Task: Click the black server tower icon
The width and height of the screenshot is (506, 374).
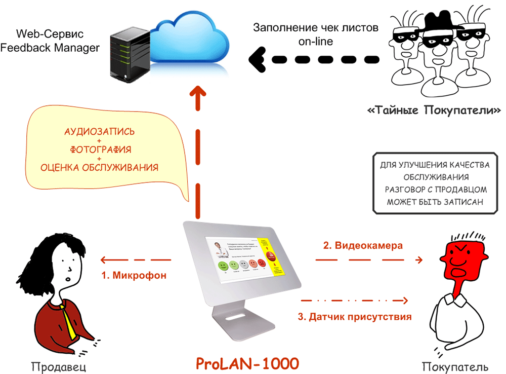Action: coord(129,55)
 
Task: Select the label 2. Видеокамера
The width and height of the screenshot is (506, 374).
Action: coord(363,246)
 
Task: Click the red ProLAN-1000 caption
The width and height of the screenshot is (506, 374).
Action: coord(247,363)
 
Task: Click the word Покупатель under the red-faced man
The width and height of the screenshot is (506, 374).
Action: coord(455,366)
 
